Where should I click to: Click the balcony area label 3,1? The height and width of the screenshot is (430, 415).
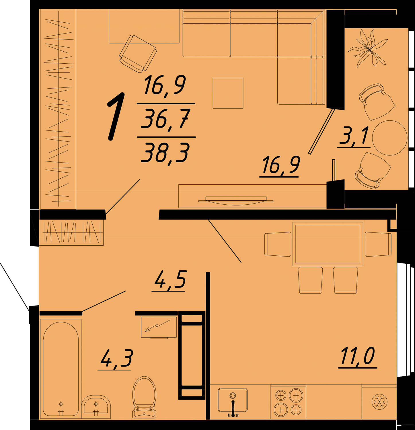pyautogui.click(x=354, y=136)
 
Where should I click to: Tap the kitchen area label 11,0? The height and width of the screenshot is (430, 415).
pyautogui.click(x=358, y=356)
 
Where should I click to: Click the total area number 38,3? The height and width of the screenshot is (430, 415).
pyautogui.click(x=165, y=153)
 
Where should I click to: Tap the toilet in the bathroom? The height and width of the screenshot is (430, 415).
pyautogui.click(x=144, y=397)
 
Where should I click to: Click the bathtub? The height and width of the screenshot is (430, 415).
pyautogui.click(x=61, y=368)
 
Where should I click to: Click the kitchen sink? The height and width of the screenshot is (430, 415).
pyautogui.click(x=233, y=401)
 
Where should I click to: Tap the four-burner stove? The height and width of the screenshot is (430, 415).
pyautogui.click(x=289, y=402)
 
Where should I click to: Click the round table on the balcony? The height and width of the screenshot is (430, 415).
pyautogui.click(x=390, y=138)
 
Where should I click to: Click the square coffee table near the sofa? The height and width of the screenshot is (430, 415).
pyautogui.click(x=228, y=93)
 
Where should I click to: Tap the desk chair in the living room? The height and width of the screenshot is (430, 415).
pyautogui.click(x=138, y=54)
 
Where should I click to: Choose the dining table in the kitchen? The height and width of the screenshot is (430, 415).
pyautogui.click(x=328, y=244)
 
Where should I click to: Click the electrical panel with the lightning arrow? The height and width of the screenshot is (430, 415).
pyautogui.click(x=159, y=327)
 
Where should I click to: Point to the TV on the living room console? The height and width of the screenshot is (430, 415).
pyautogui.click(x=236, y=200)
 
